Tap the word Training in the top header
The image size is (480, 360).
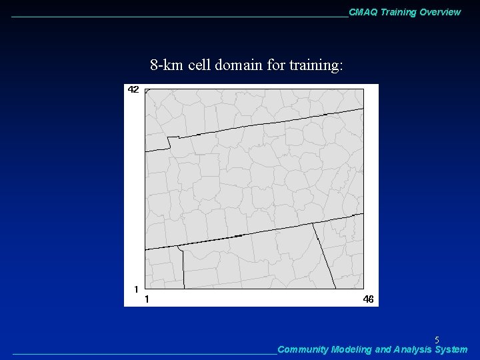[399, 12]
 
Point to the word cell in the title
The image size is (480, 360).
[199, 65]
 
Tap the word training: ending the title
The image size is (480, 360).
[316, 66]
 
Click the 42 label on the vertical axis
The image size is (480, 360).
[133, 89]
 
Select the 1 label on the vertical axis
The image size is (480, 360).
[136, 289]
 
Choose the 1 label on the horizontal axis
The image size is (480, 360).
[147, 299]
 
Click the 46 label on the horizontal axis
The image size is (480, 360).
[368, 299]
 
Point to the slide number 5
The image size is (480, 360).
[437, 340]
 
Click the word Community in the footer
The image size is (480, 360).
[302, 349]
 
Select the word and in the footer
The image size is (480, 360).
[383, 349]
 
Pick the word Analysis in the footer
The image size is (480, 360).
[413, 349]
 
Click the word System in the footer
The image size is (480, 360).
[451, 349]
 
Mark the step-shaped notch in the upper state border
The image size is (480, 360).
[170, 141]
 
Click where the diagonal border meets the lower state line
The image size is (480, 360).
[314, 225]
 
